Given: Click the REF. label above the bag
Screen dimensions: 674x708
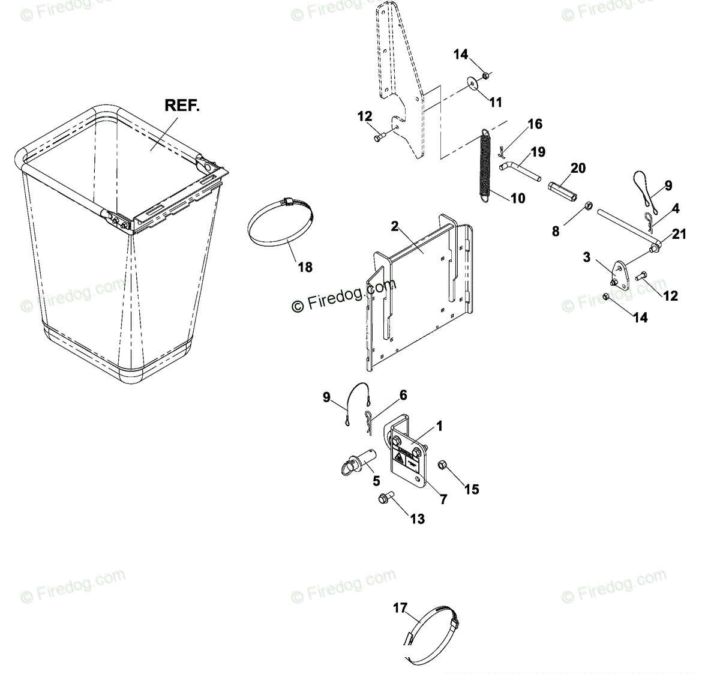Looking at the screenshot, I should tap(182, 106).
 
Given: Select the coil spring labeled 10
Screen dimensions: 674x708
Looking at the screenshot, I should tap(487, 164).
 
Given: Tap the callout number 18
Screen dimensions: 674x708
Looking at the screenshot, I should tap(305, 267).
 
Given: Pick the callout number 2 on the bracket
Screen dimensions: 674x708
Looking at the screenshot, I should tap(394, 226).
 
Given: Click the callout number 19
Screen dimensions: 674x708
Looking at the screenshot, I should tap(538, 152).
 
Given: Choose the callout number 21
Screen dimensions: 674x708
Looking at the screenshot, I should tap(679, 234).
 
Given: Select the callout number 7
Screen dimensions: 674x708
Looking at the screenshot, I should tap(443, 499).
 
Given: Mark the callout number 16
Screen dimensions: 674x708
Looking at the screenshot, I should tap(535, 124).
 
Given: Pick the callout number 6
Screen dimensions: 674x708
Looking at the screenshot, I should tap(403, 395).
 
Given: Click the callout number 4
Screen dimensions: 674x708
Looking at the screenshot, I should tap(676, 209).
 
